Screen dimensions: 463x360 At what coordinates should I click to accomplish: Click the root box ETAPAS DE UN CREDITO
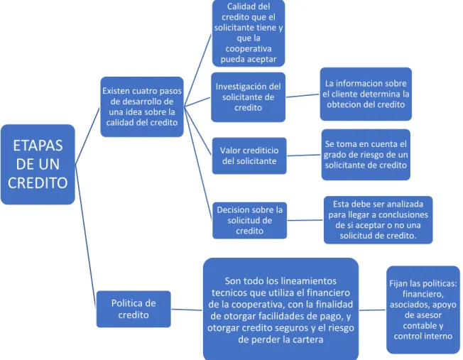point(38,164)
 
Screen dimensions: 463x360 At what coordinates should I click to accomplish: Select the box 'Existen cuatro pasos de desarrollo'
point(142,107)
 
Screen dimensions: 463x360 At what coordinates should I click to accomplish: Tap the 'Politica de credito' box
point(134,309)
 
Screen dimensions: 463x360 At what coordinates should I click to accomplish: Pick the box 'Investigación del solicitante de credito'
point(248,97)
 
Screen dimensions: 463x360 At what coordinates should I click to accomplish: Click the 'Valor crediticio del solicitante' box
point(249,156)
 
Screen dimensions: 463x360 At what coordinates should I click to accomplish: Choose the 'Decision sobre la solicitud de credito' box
point(249,220)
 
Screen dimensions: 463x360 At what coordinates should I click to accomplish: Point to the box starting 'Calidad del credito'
point(249,33)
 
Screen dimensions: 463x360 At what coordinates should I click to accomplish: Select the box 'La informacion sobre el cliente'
point(366,94)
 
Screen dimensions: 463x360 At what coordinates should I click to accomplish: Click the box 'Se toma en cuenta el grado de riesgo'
point(366,155)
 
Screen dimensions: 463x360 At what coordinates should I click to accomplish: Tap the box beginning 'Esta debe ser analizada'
point(378,219)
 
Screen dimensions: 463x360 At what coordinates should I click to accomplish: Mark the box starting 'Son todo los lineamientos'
point(280,309)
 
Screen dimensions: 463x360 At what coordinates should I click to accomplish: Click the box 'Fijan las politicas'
point(423,310)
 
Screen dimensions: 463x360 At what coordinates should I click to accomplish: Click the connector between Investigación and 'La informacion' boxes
point(303,95)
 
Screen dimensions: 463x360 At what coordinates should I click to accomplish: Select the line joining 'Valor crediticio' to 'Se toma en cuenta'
point(304,155)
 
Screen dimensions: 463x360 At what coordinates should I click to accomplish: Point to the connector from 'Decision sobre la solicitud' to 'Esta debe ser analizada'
point(305,220)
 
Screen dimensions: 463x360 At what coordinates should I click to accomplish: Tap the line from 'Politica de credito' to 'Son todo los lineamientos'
point(187,310)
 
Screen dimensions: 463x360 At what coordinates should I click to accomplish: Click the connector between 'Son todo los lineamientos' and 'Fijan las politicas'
point(373,310)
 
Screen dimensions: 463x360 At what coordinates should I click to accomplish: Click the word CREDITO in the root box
point(38,182)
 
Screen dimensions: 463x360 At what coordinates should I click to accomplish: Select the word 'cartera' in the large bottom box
point(307,339)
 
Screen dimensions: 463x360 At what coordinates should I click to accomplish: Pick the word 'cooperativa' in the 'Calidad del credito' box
point(249,48)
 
